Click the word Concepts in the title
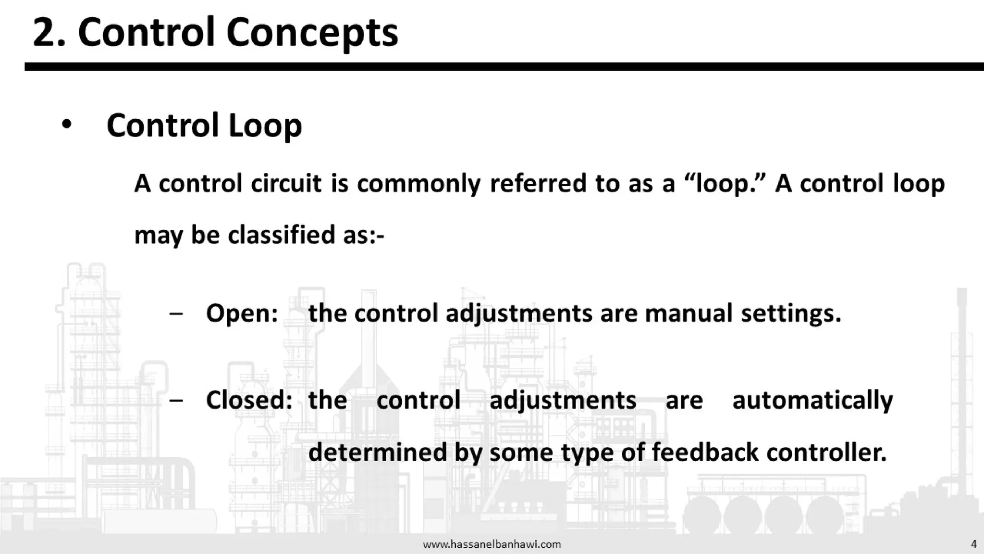312,33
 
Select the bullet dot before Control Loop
66,125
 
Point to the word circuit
286,183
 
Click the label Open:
242,314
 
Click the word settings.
791,314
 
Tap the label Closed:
249,400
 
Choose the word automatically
812,401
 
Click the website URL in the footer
492,544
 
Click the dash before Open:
176,314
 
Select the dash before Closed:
176,400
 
